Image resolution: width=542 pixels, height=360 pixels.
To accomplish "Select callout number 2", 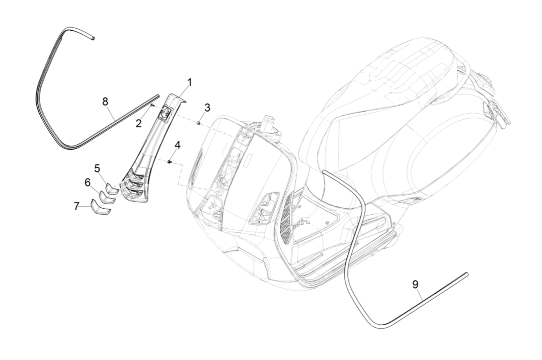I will (x=138, y=123).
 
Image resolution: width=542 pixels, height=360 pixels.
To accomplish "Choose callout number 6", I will (x=88, y=183).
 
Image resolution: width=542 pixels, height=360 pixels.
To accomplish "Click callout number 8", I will (x=105, y=102).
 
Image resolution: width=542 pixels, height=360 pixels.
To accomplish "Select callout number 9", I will (x=415, y=285).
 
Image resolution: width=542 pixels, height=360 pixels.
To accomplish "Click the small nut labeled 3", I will (x=199, y=122).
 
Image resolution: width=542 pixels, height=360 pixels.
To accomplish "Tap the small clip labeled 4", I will (x=170, y=162).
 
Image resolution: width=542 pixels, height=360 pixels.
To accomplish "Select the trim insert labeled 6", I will (x=106, y=198).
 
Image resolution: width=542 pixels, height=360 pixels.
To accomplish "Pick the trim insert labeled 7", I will (x=100, y=208).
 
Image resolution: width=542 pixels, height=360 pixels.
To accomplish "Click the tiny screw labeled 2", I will (x=152, y=106).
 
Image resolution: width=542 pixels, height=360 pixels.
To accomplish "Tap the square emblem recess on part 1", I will (x=164, y=114).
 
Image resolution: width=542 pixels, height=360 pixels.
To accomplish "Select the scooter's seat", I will (x=403, y=80).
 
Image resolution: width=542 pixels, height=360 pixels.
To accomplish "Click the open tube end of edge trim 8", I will (x=93, y=37).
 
